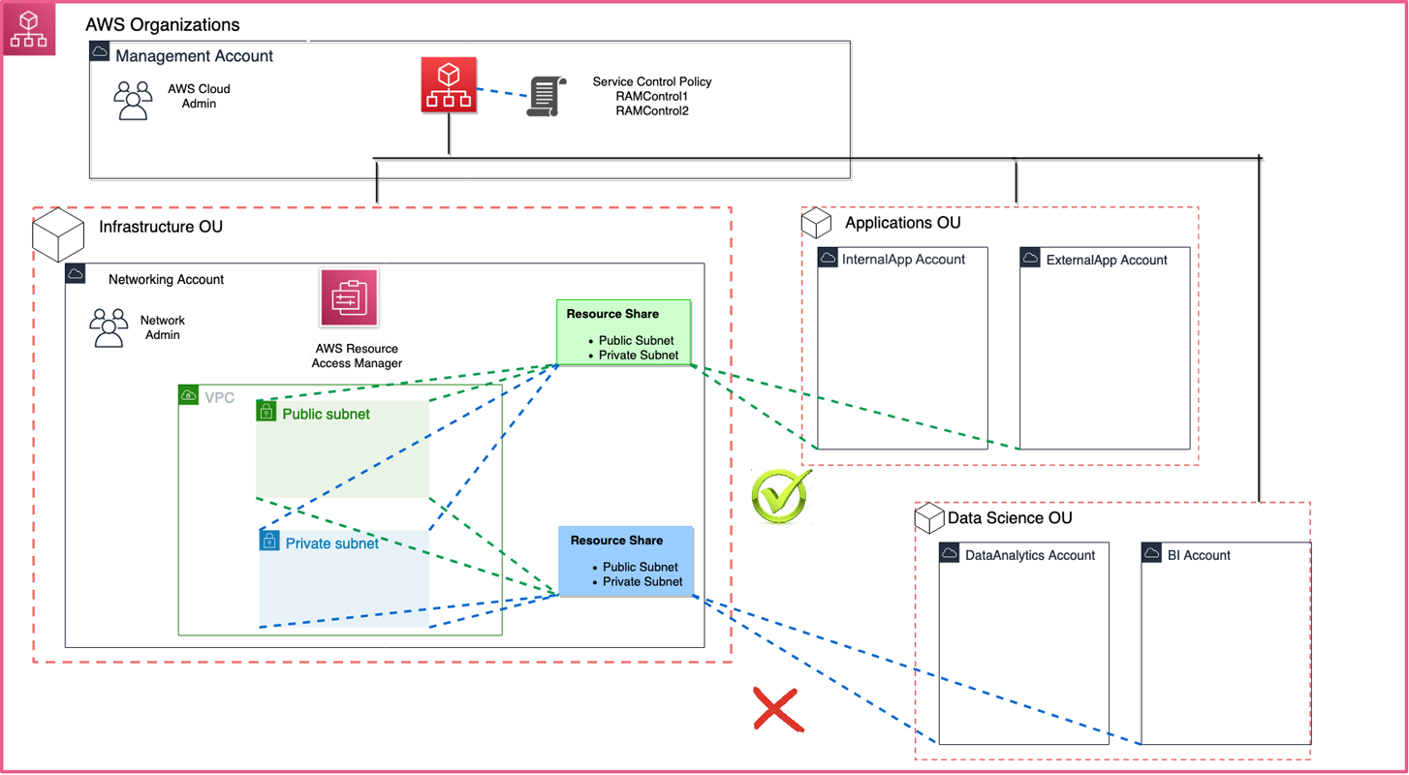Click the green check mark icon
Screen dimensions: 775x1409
click(x=781, y=496)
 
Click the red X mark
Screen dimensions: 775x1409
click(x=778, y=709)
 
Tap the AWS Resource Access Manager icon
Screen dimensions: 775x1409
click(x=349, y=298)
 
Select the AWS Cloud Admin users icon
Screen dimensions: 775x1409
click(x=134, y=100)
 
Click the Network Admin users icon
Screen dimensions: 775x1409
click(x=109, y=327)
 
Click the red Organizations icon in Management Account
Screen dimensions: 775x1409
click(x=449, y=85)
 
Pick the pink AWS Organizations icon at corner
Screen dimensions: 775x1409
click(x=29, y=29)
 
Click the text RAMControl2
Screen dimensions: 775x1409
click(x=651, y=111)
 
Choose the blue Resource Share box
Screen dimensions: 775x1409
click(x=626, y=560)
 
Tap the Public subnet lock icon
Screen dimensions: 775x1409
click(x=266, y=411)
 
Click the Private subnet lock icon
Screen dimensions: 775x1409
click(x=269, y=541)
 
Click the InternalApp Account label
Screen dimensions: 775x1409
click(x=903, y=260)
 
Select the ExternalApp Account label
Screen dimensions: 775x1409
click(x=1107, y=260)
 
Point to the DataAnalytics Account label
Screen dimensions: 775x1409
click(x=1029, y=555)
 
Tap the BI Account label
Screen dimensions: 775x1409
click(x=1199, y=555)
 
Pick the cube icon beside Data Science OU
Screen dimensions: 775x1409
click(x=929, y=517)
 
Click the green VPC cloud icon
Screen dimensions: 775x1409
click(x=189, y=395)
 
